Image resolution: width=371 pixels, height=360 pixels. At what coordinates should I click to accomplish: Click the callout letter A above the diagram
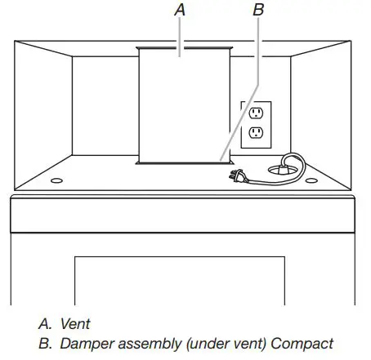(181, 10)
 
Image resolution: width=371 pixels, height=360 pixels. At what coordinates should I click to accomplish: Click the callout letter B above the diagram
(259, 10)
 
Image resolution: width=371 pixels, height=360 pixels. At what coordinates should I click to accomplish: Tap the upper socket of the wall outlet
(255, 111)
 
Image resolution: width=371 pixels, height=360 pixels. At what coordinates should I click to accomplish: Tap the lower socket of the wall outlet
(255, 132)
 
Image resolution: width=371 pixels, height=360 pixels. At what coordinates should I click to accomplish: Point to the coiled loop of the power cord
(288, 167)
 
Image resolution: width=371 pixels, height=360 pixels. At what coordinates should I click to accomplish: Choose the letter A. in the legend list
(44, 324)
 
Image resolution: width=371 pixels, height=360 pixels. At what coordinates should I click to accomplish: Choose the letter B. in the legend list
(44, 343)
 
